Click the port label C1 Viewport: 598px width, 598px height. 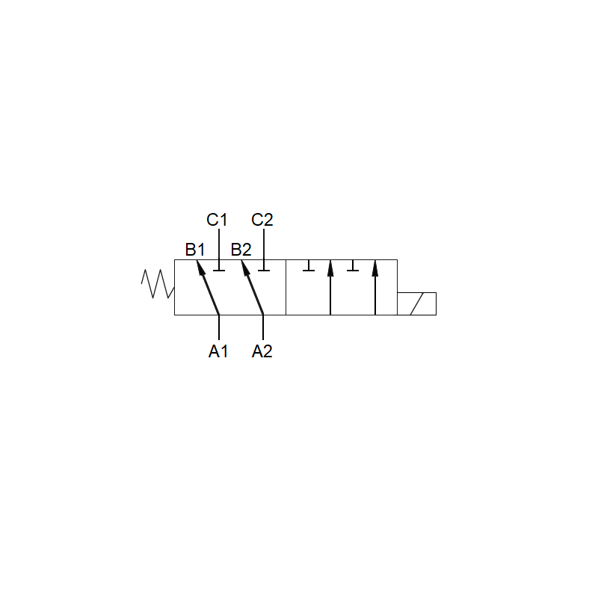point(217,220)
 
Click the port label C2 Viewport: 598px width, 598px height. point(262,220)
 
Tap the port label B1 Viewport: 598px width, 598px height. point(195,250)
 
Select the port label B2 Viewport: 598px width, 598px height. point(241,250)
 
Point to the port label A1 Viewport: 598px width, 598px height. point(218,351)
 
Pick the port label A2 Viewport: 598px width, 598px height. point(262,351)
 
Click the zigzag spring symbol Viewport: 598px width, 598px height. point(158,284)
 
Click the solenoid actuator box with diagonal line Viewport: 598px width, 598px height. point(416,304)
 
